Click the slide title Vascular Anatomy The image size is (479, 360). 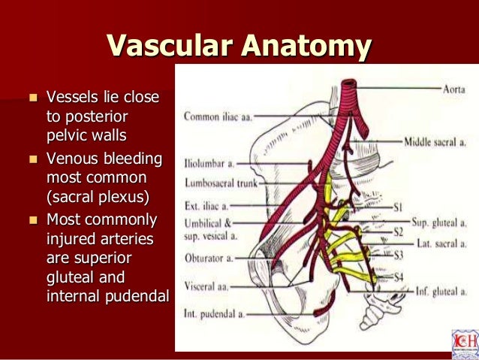click(x=239, y=46)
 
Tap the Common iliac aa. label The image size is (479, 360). click(x=218, y=116)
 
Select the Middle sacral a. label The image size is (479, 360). click(x=435, y=141)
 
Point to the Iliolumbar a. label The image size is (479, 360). click(x=207, y=162)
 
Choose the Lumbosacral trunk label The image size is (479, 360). click(x=218, y=182)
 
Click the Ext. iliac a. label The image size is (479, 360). click(x=205, y=204)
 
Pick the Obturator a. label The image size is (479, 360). click(x=207, y=258)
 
